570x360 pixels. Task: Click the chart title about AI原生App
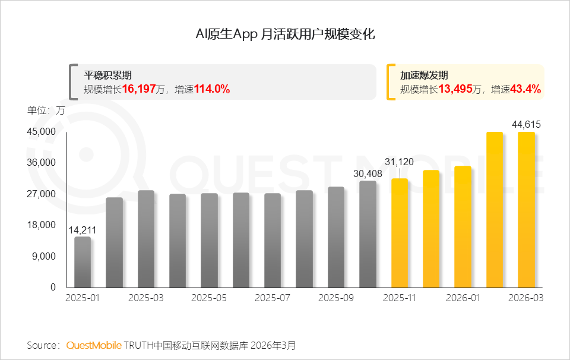(285, 34)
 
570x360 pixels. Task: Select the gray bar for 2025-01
(83, 262)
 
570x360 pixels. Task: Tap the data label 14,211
(82, 230)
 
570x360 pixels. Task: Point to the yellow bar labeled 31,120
(400, 233)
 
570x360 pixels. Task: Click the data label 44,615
(526, 124)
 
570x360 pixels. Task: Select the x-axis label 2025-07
(273, 298)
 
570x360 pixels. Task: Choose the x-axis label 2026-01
(463, 298)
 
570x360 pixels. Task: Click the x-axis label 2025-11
(400, 298)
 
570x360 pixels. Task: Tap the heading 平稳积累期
(107, 75)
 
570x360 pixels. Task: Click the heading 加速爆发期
(424, 75)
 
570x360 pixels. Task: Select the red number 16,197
(139, 89)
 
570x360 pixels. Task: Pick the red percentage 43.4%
(525, 89)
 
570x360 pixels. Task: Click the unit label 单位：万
(46, 110)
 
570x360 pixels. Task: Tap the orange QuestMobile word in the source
(94, 345)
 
